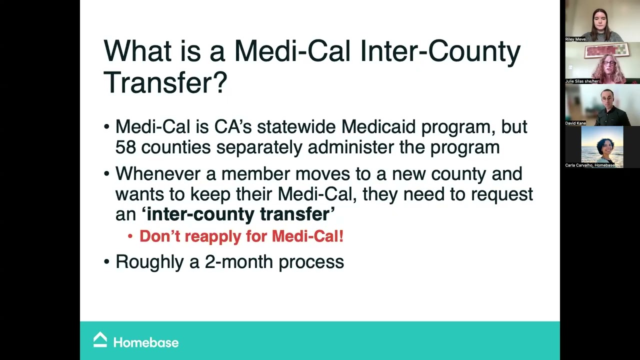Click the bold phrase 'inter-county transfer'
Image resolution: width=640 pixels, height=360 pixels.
(x=238, y=214)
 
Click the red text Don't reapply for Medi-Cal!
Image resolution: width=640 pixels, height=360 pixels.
(x=241, y=236)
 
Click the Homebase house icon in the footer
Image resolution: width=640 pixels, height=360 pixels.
(x=100, y=340)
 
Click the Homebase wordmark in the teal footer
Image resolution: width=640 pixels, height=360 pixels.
(x=145, y=342)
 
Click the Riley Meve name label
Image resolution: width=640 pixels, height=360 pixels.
(x=575, y=39)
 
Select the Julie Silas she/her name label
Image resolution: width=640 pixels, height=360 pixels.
(x=582, y=81)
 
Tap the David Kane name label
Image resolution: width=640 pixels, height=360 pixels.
(x=575, y=123)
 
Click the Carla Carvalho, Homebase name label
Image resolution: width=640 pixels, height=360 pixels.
(x=590, y=165)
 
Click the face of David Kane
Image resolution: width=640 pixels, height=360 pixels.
(x=607, y=99)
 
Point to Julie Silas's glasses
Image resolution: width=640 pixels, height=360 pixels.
(x=609, y=63)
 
